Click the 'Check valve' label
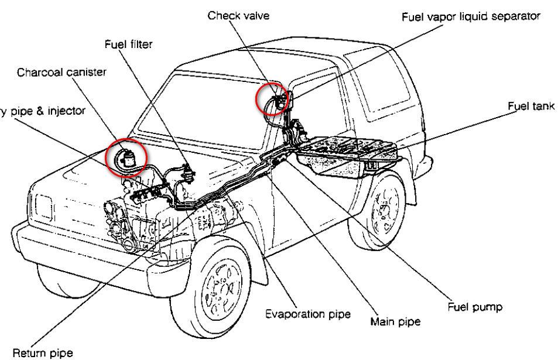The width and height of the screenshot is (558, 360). [x=238, y=16]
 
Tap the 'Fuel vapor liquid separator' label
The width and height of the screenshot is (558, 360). [x=470, y=16]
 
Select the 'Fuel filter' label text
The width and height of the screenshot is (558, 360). [x=128, y=44]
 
